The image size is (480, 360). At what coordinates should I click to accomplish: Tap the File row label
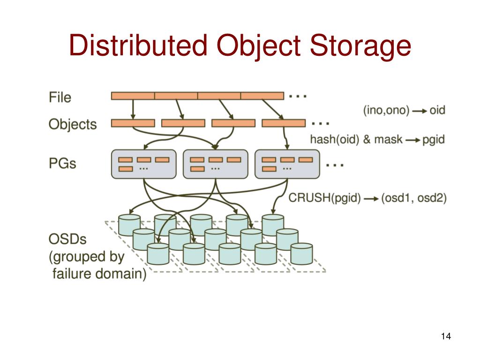pos(60,97)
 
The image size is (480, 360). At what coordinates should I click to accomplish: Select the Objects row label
pos(73,124)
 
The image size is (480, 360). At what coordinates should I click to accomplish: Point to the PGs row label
pos(62,164)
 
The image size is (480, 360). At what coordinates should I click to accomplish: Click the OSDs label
pos(67,240)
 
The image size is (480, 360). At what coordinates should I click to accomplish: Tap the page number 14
pos(445,337)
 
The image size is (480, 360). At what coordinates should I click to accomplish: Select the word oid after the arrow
pos(437,111)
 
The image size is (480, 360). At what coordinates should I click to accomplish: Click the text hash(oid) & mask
pos(356,140)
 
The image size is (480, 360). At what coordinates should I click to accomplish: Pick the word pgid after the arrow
pos(433,140)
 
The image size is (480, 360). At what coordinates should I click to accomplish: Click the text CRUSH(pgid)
pos(324,198)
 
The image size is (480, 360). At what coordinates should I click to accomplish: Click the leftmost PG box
pos(143,164)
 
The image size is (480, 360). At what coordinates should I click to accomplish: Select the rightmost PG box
pos(286,164)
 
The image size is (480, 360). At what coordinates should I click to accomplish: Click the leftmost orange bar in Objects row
pos(133,123)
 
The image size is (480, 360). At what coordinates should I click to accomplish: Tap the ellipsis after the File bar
pos(298,96)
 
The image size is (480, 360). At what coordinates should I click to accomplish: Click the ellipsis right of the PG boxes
pos(335,165)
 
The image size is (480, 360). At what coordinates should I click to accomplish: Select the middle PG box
pos(215,164)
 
